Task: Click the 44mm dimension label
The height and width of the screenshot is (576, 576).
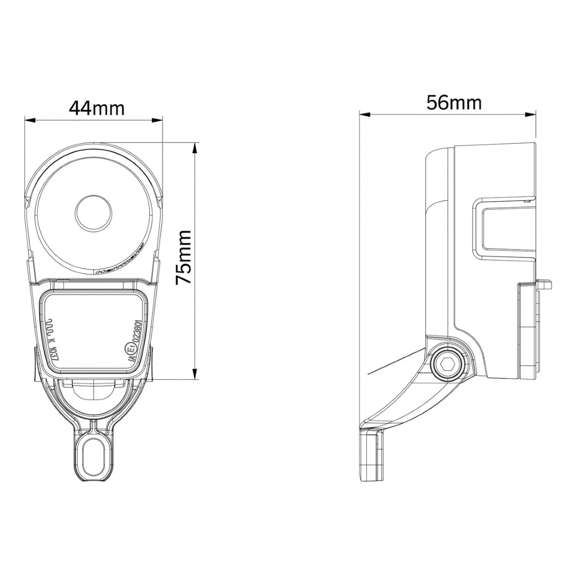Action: [x=96, y=108]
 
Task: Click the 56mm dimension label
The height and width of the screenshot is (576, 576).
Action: [x=454, y=103]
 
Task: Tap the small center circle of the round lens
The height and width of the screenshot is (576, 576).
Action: [x=94, y=213]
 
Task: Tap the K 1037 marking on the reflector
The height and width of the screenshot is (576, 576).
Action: [x=52, y=338]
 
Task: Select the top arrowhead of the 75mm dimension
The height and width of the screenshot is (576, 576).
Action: [x=194, y=147]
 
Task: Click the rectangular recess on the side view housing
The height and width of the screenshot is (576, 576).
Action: [x=504, y=230]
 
